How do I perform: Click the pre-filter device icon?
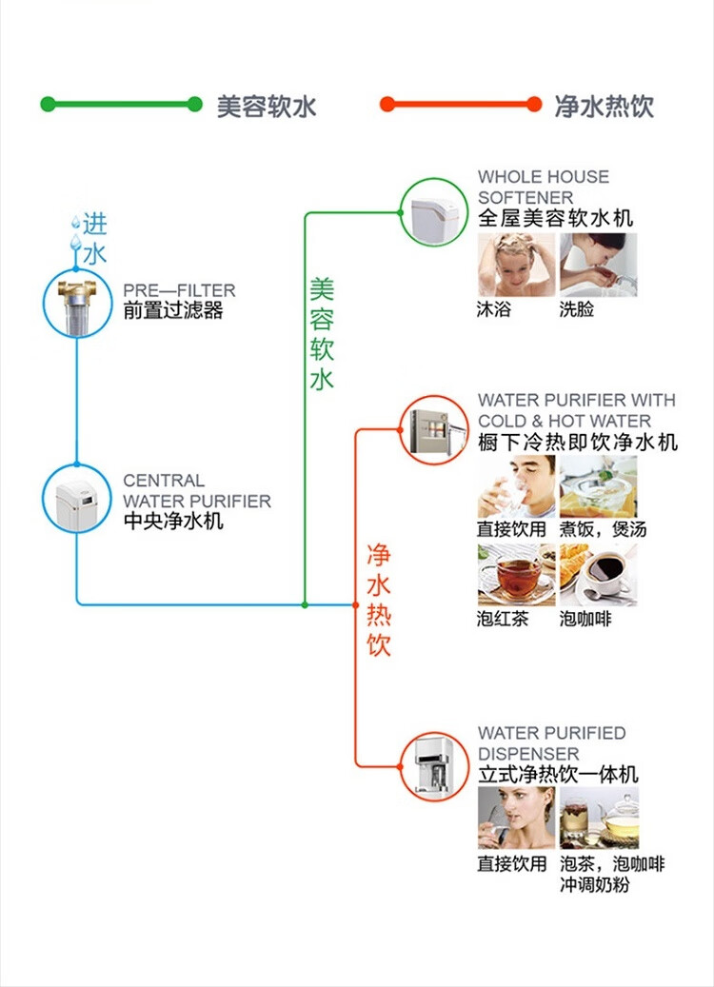77,304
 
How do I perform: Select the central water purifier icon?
77,496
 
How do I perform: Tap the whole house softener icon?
434,211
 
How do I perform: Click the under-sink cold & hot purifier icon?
433,429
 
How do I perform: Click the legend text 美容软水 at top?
267,106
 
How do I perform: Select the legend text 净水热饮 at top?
605,106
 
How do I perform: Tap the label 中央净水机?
173,521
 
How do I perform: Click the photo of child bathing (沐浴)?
516,265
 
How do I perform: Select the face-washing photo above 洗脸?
598,265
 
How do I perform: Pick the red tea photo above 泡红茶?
516,575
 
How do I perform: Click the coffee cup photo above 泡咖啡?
598,575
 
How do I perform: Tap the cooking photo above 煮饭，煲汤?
598,486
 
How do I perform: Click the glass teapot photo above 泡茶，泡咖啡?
598,818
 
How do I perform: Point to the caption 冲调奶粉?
595,885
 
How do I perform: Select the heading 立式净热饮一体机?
558,775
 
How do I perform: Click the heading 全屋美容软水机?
555,218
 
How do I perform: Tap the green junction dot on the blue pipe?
305,603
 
